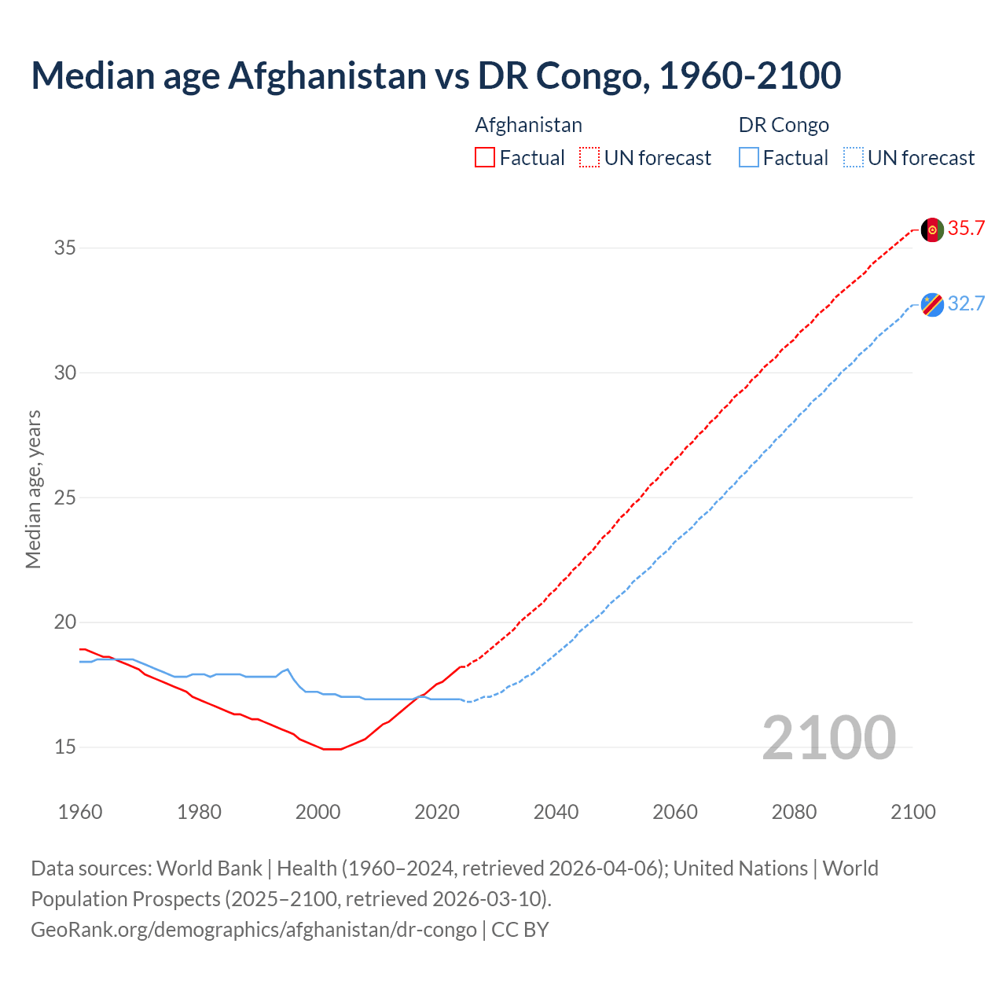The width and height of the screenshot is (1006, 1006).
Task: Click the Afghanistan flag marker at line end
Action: coord(932,230)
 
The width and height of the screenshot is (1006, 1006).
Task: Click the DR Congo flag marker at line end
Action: coord(932,304)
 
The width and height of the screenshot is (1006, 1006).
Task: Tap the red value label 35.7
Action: coord(966,229)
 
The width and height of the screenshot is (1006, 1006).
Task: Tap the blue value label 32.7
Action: coord(966,304)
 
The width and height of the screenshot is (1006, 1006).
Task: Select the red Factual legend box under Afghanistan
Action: coord(485,158)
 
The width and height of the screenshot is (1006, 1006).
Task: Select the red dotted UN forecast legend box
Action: coord(589,158)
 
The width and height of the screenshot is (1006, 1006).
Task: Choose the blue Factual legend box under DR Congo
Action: coord(749,158)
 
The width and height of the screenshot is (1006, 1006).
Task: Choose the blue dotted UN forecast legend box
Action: coord(853,158)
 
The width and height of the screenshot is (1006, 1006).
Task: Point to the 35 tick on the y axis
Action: coord(65,248)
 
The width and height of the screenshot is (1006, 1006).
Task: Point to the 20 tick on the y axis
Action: coord(65,622)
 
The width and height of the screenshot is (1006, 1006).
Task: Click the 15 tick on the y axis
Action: coord(65,747)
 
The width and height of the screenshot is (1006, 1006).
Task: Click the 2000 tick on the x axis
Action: coord(318,812)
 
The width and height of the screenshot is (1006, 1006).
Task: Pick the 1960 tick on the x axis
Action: coord(80,812)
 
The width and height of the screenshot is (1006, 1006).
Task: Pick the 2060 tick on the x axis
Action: coord(675,812)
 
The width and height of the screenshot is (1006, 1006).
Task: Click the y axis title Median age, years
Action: coord(33,489)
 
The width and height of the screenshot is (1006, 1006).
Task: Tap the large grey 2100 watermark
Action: coord(828,738)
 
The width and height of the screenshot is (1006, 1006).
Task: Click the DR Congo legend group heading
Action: coord(784,125)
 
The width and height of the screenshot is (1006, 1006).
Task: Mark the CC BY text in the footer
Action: coord(520,930)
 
